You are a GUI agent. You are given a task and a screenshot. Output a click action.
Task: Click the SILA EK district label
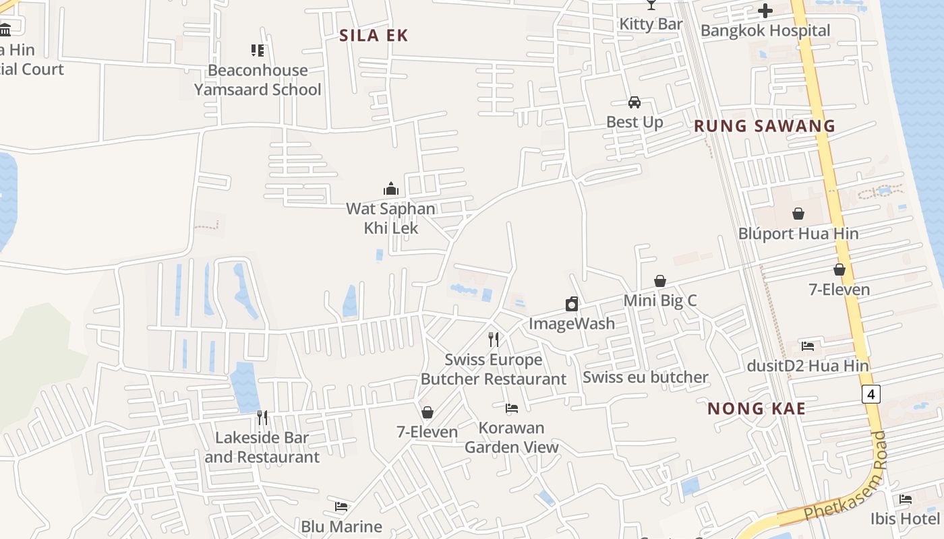374,36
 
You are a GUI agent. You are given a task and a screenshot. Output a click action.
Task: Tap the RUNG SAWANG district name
765,126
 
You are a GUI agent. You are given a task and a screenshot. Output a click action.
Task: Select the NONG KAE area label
757,408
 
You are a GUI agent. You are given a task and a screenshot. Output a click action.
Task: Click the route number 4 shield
871,394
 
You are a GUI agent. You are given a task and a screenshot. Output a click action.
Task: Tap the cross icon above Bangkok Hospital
765,11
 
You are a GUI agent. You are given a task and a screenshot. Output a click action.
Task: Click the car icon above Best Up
634,102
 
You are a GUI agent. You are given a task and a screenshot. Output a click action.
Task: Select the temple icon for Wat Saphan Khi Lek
390,189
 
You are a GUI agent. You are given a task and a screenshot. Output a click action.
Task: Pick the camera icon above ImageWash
572,304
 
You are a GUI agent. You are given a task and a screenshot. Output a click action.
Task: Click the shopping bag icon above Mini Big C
660,281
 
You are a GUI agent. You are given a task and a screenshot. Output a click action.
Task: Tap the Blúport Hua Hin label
798,234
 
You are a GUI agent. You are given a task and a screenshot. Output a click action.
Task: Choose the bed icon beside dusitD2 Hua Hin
808,346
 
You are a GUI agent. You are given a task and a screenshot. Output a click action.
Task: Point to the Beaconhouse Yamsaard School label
258,80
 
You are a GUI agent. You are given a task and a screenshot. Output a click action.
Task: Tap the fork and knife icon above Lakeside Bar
262,418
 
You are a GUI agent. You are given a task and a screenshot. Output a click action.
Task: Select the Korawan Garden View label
512,437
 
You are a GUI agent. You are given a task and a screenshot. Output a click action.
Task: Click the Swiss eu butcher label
645,377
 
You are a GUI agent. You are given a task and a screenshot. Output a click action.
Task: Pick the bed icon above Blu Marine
341,507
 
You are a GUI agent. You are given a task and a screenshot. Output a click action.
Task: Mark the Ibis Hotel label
905,519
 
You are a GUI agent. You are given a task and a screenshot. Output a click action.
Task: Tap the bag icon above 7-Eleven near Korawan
427,412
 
